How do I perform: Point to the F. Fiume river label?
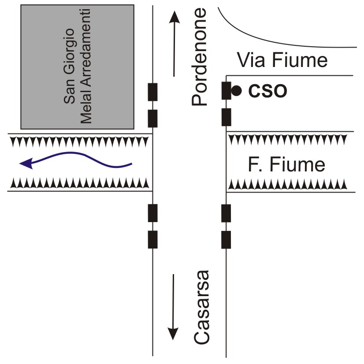click(286, 165)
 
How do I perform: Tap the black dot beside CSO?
click(237, 91)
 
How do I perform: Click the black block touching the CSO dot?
click(226, 91)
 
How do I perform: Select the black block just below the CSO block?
click(226, 117)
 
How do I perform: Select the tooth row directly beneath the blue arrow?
click(79, 182)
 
